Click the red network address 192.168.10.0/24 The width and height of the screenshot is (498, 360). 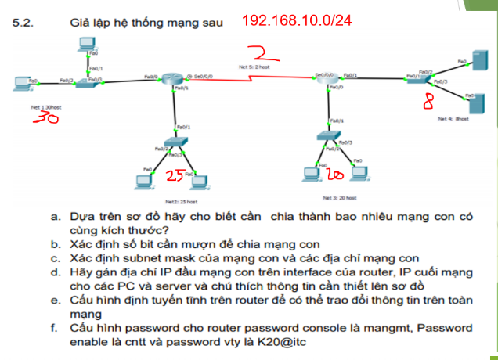pos(298,20)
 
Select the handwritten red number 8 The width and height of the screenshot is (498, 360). pos(428,103)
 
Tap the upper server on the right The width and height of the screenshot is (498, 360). pos(461,59)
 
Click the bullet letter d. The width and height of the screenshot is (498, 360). pos(55,272)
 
